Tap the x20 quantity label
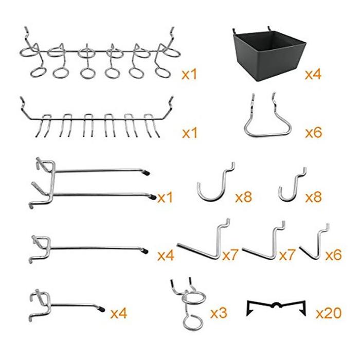click(x=329, y=313)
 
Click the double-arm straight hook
click(x=93, y=183)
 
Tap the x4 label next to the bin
click(x=313, y=74)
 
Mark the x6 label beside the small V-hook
click(x=333, y=255)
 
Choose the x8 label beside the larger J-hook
click(x=243, y=197)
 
